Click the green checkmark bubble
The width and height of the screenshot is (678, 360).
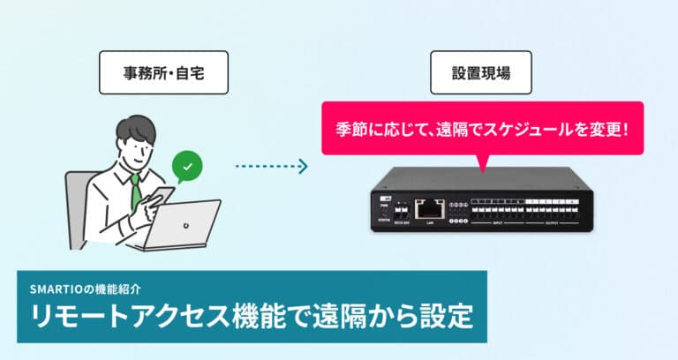tap(186, 165)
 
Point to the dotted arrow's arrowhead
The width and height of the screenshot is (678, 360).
tap(302, 165)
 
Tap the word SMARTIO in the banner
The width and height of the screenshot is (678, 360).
tap(55, 289)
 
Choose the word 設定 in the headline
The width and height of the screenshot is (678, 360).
tap(447, 318)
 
